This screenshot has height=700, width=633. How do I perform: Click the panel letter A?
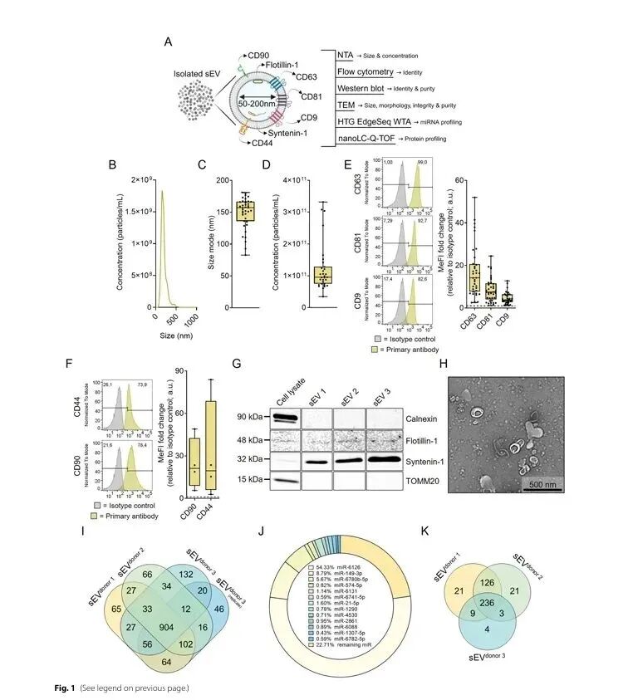tap(169, 42)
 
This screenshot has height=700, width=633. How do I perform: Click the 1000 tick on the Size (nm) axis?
tap(190, 316)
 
